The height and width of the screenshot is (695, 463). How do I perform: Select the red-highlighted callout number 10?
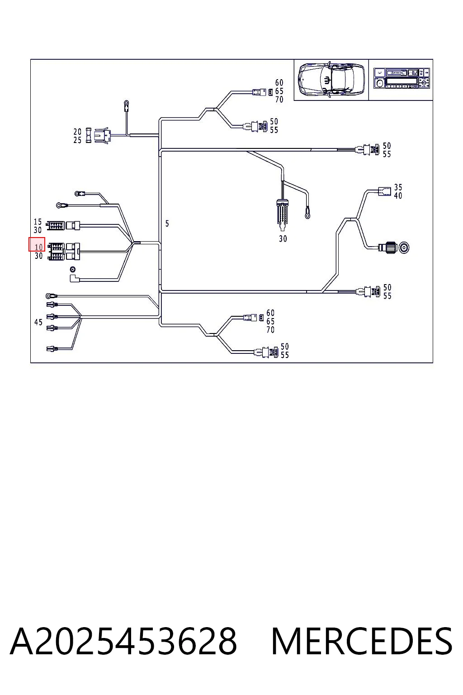(x=38, y=248)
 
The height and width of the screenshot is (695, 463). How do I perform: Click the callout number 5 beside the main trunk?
(x=167, y=224)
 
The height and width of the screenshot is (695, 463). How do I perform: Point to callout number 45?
(x=38, y=322)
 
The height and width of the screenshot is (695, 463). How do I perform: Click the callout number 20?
(x=77, y=132)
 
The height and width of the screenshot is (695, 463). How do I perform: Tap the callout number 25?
(x=77, y=140)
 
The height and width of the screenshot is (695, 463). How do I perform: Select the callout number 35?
(x=398, y=187)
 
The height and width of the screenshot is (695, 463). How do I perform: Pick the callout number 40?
(x=398, y=195)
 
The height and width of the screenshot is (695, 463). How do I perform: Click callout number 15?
(x=38, y=222)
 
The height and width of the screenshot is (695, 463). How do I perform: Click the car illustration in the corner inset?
(x=331, y=79)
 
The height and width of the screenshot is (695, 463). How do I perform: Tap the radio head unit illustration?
(x=402, y=78)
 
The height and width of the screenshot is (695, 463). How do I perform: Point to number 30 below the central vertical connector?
(x=283, y=238)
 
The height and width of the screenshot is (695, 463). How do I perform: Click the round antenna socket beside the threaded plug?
(x=404, y=248)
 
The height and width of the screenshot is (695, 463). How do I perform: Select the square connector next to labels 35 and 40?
(x=384, y=191)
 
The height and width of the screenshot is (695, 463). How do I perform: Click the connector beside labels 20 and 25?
(x=102, y=136)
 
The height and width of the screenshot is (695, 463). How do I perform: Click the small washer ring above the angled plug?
(x=73, y=269)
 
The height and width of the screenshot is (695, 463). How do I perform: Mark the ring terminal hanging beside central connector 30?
(x=307, y=214)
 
